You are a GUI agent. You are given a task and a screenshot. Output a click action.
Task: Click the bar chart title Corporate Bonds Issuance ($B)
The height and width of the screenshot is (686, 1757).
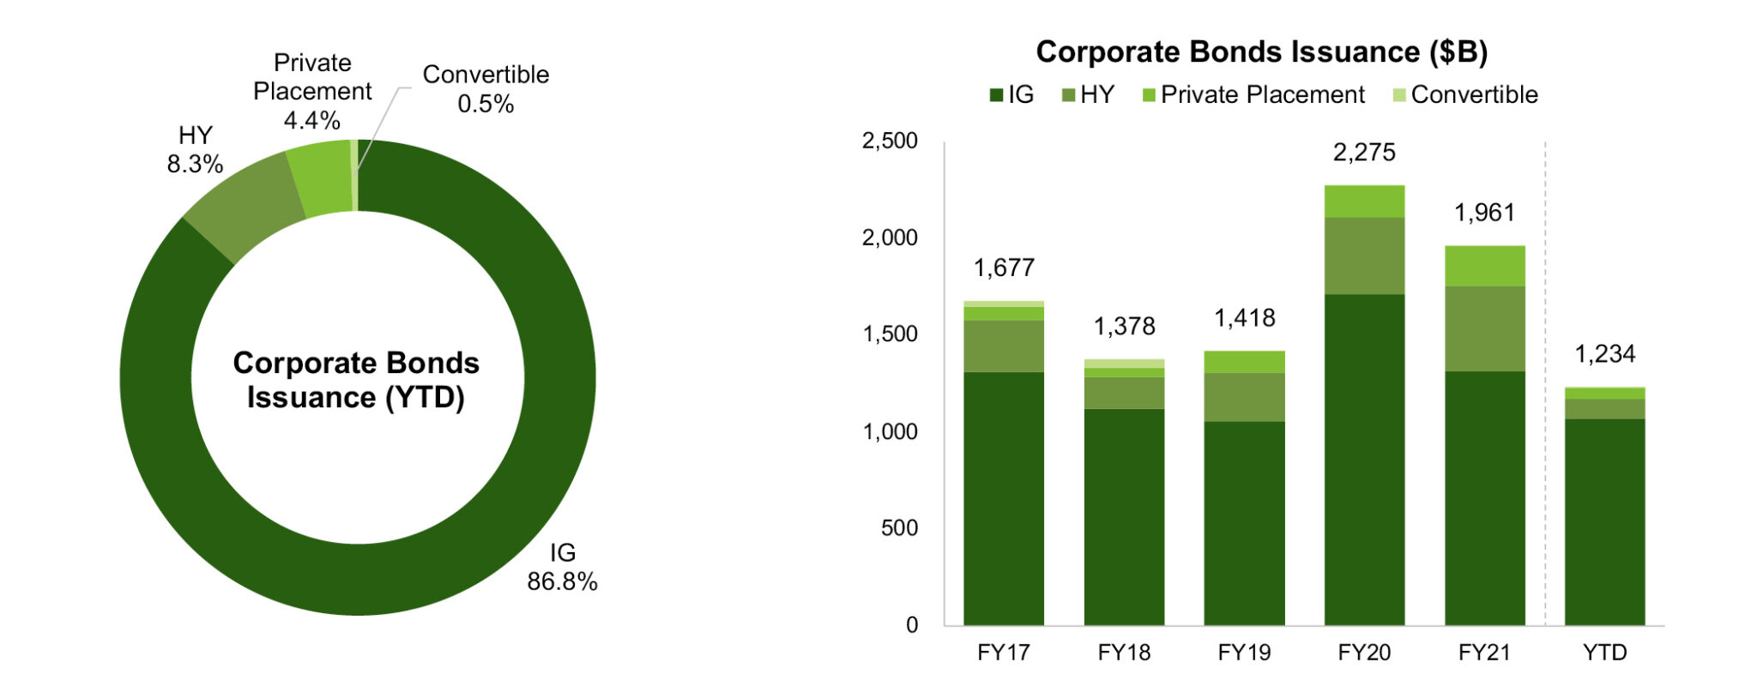1261,52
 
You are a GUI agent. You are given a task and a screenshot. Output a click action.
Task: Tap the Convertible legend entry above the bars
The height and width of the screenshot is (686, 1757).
1465,95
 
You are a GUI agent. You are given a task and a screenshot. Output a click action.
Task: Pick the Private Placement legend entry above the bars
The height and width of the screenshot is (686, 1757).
1253,95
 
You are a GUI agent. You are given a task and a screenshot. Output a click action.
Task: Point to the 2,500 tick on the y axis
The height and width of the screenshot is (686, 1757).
890,141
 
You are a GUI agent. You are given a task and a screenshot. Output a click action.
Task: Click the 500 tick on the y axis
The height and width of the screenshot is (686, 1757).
899,528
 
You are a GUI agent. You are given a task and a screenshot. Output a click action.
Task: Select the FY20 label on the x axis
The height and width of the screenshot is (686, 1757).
1364,653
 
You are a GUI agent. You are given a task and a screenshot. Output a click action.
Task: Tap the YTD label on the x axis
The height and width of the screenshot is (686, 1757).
1604,653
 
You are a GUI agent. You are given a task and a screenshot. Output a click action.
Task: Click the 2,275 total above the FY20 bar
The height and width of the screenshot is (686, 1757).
1364,153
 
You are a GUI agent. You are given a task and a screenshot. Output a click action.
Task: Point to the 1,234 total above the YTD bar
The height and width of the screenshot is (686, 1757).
1604,354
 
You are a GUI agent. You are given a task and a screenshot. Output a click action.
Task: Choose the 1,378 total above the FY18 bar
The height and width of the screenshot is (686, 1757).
1124,327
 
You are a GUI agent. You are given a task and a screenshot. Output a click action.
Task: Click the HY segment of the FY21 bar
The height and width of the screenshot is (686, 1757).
1484,328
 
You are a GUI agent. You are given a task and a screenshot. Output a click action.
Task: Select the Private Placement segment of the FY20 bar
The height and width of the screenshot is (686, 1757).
1364,202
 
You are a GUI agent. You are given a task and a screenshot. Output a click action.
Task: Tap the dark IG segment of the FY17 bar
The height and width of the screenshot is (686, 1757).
1004,497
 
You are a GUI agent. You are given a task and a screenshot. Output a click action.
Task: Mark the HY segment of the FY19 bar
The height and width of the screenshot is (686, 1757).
1244,397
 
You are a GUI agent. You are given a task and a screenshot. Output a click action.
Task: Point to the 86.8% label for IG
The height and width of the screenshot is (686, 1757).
562,581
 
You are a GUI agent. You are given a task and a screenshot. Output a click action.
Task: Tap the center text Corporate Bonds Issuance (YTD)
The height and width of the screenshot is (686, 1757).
356,380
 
